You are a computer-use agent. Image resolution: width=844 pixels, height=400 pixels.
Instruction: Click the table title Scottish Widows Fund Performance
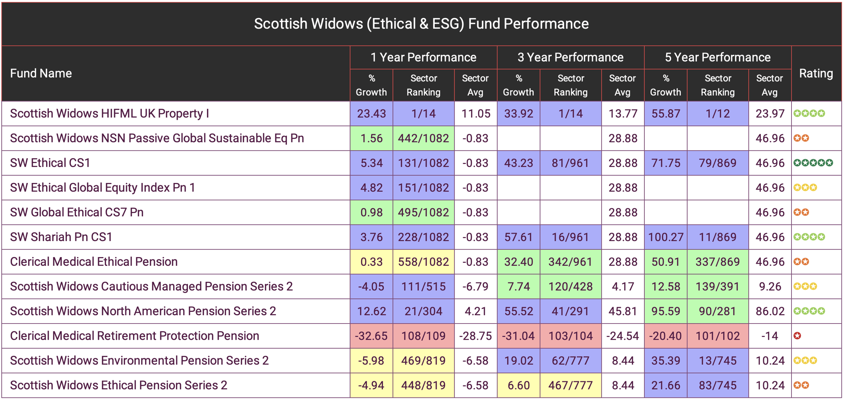click(421, 24)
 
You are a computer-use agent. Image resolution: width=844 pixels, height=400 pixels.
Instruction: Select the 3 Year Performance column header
click(570, 57)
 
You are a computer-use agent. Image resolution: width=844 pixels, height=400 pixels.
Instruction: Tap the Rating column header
click(816, 73)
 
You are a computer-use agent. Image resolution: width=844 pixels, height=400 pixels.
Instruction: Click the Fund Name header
click(41, 73)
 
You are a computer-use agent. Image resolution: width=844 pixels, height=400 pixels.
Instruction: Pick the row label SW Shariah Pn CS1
click(61, 237)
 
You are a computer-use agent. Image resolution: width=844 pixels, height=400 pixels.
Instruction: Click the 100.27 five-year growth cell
click(665, 237)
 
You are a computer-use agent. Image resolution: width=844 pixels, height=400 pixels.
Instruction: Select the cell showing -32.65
click(371, 336)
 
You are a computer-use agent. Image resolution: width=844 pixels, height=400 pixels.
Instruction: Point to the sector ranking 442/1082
click(423, 138)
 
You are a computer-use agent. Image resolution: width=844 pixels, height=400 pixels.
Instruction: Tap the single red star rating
click(797, 336)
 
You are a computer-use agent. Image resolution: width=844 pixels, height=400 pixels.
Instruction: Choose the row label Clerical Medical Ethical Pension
click(94, 262)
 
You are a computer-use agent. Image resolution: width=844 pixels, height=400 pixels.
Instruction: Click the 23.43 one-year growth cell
click(371, 114)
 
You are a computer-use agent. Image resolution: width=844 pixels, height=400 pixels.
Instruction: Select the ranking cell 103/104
click(570, 336)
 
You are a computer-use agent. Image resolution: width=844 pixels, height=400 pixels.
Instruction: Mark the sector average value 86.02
click(770, 311)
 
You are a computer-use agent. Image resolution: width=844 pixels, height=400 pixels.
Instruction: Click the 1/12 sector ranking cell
click(717, 114)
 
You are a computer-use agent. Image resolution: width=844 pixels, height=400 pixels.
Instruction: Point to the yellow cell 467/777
click(570, 385)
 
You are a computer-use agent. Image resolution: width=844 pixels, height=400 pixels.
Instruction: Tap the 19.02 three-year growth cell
click(518, 361)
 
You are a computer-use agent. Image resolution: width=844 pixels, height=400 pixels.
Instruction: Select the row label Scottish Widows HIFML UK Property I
click(110, 114)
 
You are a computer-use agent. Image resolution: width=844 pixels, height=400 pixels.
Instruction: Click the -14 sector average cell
click(770, 336)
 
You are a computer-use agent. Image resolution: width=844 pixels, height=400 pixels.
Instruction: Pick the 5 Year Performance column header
click(717, 57)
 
